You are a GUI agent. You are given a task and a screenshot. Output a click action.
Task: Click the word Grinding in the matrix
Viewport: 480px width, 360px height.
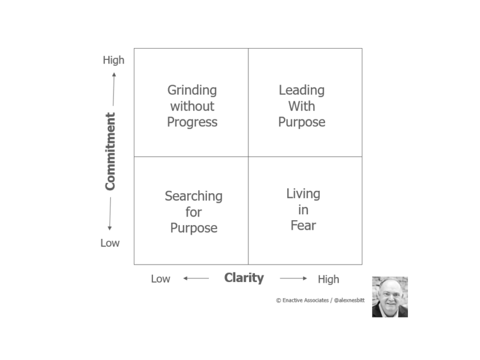(192, 91)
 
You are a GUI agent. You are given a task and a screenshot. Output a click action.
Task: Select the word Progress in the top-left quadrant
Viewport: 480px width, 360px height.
(192, 122)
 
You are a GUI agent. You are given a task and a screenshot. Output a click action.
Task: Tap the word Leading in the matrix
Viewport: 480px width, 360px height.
(302, 91)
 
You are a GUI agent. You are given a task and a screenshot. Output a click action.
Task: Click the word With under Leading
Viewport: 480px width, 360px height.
(302, 106)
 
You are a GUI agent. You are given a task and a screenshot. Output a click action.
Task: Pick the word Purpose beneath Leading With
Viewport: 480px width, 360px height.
(302, 122)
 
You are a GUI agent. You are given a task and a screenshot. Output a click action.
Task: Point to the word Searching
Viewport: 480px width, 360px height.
(193, 197)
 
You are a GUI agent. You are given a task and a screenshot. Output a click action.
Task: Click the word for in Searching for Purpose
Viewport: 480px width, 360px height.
(193, 212)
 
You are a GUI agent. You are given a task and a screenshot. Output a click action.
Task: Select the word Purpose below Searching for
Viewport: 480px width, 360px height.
(194, 228)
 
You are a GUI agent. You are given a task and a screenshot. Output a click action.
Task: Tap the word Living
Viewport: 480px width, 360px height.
(303, 194)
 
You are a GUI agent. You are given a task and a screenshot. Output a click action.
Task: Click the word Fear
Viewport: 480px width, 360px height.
(303, 226)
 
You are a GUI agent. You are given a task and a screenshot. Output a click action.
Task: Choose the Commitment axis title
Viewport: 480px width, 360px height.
(110, 152)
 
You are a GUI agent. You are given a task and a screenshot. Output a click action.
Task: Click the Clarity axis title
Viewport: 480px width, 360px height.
(244, 278)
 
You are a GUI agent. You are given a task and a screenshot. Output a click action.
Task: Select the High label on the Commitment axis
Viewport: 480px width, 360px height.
(113, 60)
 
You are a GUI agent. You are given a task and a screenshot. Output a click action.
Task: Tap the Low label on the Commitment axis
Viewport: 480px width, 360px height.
(110, 243)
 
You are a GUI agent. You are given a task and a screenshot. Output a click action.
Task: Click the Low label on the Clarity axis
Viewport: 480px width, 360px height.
(160, 279)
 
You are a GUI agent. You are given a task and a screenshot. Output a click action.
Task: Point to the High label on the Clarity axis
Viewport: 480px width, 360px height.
(328, 280)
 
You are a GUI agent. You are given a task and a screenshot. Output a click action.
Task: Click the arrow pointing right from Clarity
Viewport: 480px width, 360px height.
(293, 278)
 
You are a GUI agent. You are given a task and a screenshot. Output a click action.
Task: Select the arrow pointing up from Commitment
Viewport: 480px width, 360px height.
(113, 89)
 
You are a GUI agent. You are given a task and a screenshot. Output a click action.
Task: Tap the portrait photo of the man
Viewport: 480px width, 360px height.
(389, 297)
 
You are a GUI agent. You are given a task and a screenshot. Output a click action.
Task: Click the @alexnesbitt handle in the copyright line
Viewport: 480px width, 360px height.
(349, 301)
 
